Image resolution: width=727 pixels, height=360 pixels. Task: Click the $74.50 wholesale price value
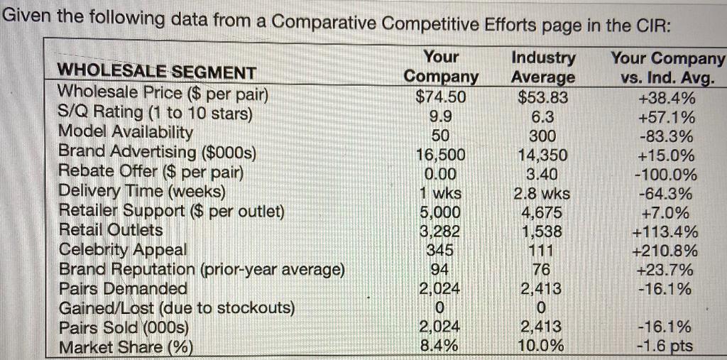click(440, 97)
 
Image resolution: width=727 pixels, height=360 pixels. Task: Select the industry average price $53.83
click(543, 97)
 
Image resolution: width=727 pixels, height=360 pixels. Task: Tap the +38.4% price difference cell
click(667, 98)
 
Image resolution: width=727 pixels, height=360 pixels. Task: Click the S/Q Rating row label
click(155, 113)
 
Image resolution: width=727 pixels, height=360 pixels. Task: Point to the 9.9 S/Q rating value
click(441, 116)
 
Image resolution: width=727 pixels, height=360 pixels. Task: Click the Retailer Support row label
click(170, 212)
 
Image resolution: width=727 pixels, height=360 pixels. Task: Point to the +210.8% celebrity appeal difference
click(667, 251)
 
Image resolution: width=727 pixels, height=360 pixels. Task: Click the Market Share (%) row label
click(125, 347)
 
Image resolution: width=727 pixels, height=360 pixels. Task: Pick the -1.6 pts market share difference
click(667, 347)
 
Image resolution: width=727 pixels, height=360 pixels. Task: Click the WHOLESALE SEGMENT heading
click(156, 72)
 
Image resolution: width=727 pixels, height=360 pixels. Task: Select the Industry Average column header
click(543, 66)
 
